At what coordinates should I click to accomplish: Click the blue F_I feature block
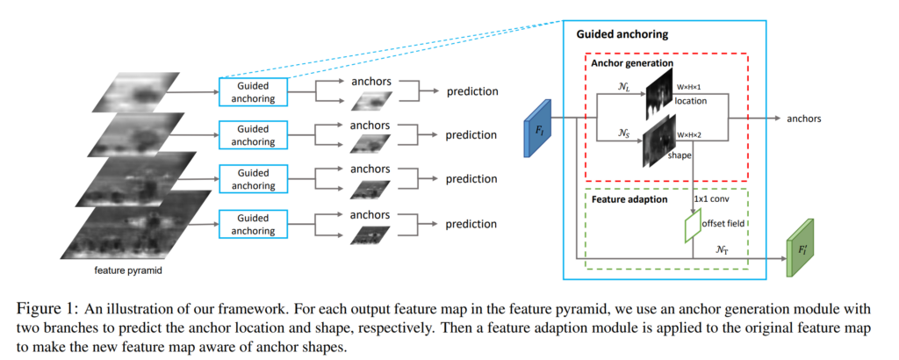click(538, 128)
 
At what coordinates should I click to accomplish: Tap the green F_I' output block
click(800, 248)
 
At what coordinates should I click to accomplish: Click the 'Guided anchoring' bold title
click(622, 34)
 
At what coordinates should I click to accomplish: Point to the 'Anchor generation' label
click(632, 62)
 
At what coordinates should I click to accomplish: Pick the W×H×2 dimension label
click(691, 135)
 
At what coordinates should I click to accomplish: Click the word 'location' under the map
click(690, 101)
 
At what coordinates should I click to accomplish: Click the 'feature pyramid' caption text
click(128, 270)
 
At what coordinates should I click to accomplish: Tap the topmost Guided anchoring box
click(254, 91)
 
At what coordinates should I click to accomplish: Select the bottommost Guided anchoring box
click(254, 224)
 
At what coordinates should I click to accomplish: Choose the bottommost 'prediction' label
click(471, 224)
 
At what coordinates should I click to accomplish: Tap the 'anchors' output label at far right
click(804, 119)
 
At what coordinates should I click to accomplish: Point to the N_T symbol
click(723, 249)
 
